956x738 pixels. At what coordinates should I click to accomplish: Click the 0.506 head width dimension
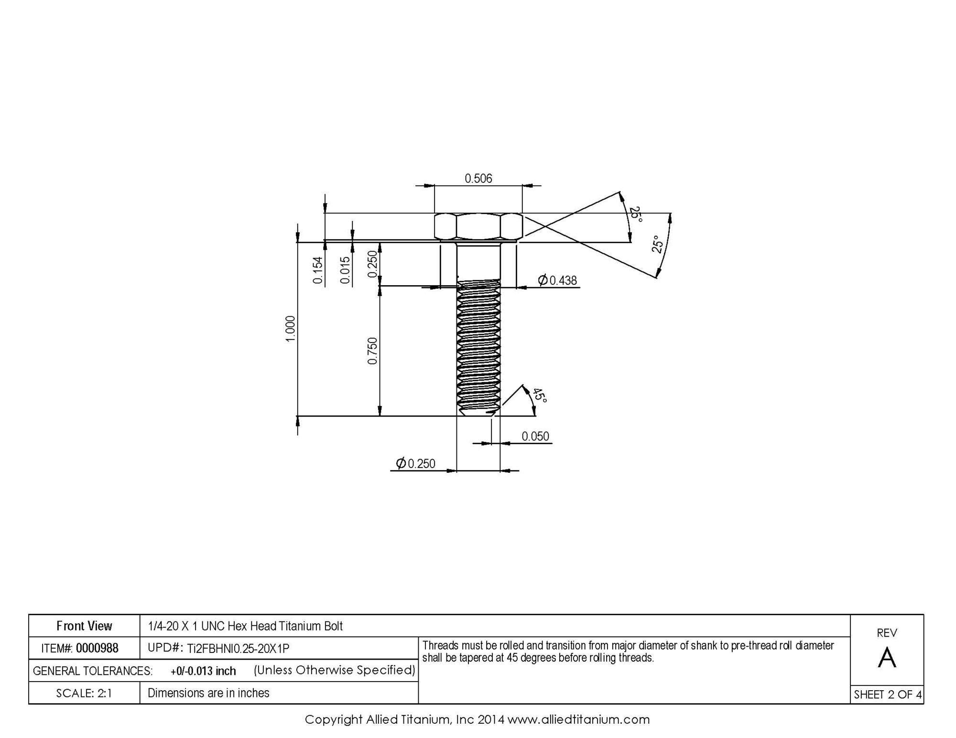[478, 179]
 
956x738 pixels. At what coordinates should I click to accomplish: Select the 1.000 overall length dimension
[291, 329]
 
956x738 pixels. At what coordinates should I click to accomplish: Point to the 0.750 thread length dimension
[372, 351]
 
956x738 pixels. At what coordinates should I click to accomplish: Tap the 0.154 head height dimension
[318, 270]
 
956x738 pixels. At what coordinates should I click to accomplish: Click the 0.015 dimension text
[345, 270]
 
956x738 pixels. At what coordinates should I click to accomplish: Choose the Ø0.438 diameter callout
[557, 280]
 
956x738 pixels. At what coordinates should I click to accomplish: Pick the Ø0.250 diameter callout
[415, 463]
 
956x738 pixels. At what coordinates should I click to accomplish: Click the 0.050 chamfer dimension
[535, 436]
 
